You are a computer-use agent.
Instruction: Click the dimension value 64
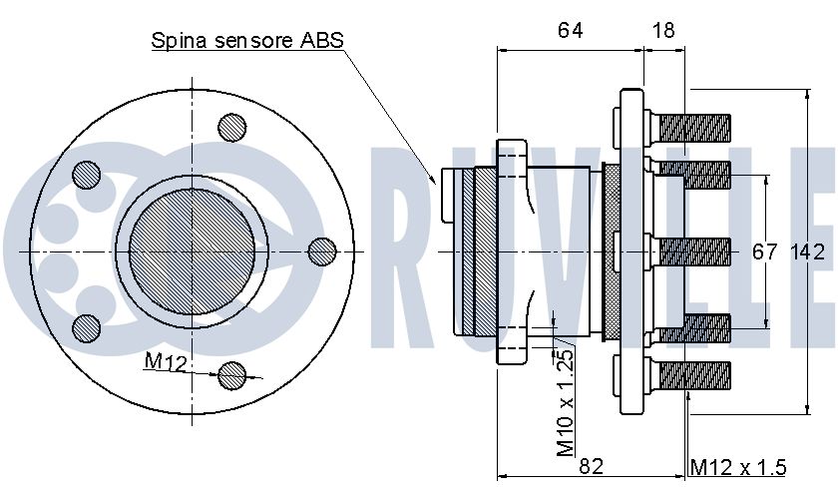coord(570,31)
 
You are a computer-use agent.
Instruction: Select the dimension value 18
coord(663,31)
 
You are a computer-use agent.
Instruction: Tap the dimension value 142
coord(807,251)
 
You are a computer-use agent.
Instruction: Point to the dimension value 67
coord(764,251)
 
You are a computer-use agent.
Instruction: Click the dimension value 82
coord(591,466)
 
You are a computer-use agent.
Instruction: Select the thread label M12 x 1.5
coord(738,467)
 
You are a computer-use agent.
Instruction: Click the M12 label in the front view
coord(166,362)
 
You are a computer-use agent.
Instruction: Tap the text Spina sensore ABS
coord(247,40)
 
